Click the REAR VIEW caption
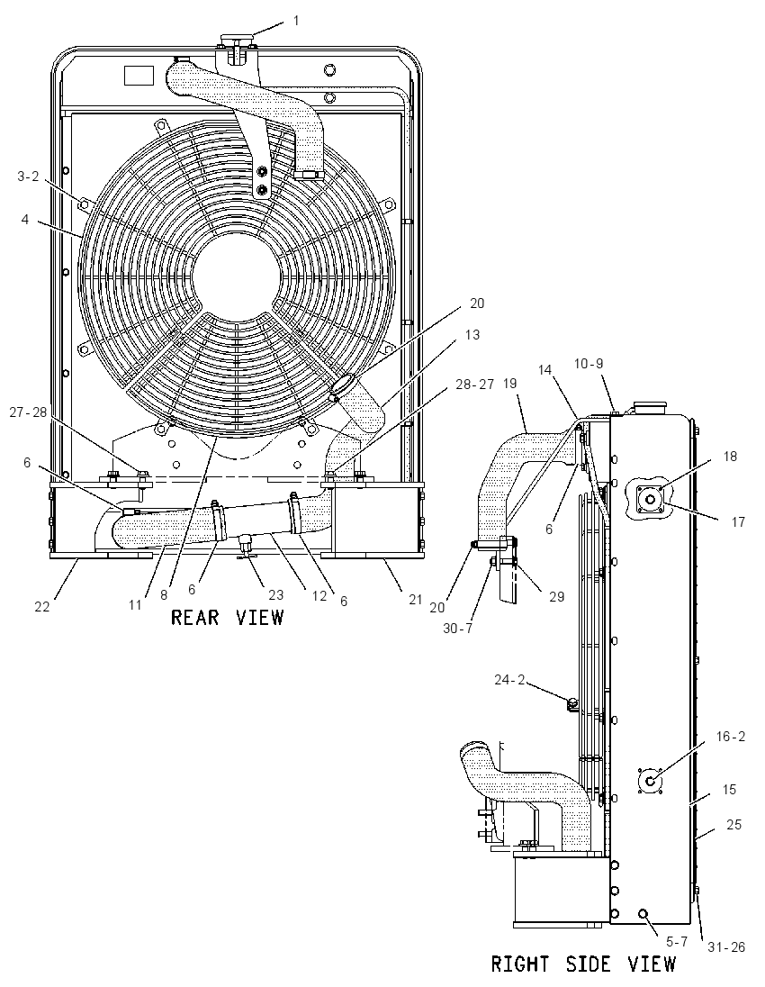tap(227, 617)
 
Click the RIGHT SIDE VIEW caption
tap(583, 964)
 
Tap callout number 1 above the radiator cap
tap(296, 21)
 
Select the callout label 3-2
tap(28, 177)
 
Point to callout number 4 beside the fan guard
tap(24, 220)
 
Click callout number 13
tap(472, 334)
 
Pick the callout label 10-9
tap(589, 363)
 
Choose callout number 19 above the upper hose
tap(509, 383)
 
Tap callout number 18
tap(730, 457)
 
